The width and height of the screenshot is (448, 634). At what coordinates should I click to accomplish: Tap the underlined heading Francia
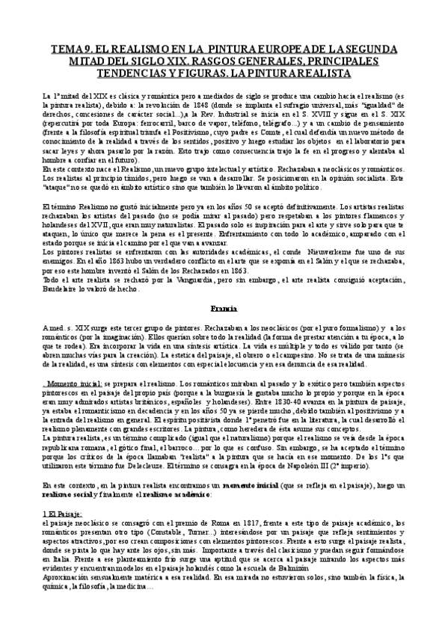224,307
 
